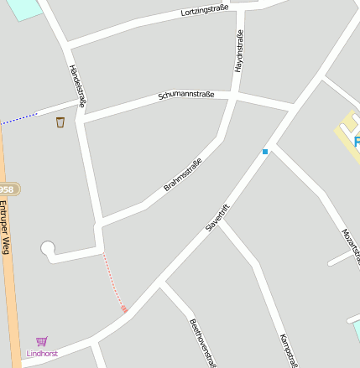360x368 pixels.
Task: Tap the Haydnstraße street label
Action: click(x=239, y=50)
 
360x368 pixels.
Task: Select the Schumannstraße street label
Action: click(x=185, y=96)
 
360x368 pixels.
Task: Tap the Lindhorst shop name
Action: click(x=42, y=354)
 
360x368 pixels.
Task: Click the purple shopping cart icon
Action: click(x=42, y=341)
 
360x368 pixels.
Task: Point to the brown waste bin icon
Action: click(x=60, y=122)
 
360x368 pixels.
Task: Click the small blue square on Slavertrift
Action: click(x=265, y=152)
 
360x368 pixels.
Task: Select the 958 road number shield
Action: click(x=8, y=189)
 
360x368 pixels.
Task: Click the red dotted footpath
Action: click(x=113, y=282)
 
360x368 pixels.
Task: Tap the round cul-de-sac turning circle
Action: click(x=48, y=248)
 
